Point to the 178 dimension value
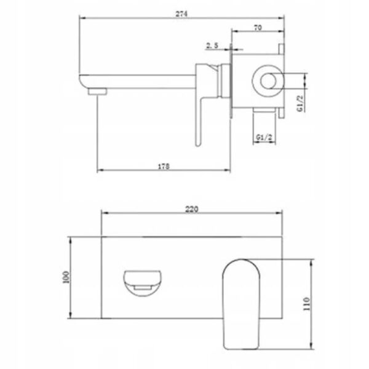163,166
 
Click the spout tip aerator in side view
94,91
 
